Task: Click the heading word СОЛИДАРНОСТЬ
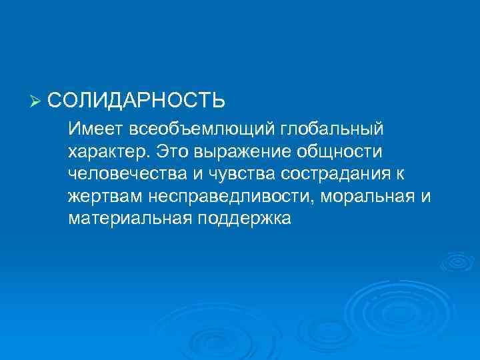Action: click(x=136, y=101)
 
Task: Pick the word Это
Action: click(x=172, y=151)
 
